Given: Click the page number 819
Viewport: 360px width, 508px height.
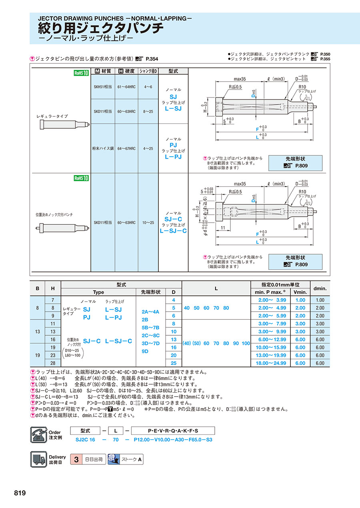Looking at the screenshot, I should click(x=20, y=493).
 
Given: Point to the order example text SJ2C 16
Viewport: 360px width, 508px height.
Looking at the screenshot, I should click(x=86, y=439).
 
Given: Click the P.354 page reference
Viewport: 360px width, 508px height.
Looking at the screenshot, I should click(x=152, y=59).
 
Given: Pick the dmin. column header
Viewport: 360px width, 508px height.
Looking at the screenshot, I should click(x=320, y=288).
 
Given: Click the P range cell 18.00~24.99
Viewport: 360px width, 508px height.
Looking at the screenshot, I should click(x=272, y=363).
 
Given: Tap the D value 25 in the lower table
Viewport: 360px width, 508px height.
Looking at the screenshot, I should click(x=174, y=363).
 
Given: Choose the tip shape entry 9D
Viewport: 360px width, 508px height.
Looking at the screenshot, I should click(x=145, y=351).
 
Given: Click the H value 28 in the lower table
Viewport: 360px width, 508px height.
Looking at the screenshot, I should click(x=53, y=363).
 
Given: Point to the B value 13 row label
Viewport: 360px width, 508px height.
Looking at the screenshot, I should click(x=38, y=331).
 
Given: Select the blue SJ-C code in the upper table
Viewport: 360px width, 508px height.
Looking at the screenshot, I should click(x=173, y=219).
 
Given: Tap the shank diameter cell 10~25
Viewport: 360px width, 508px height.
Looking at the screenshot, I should click(x=148, y=222).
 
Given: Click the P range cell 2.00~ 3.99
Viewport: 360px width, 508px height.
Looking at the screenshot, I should click(x=272, y=300).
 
